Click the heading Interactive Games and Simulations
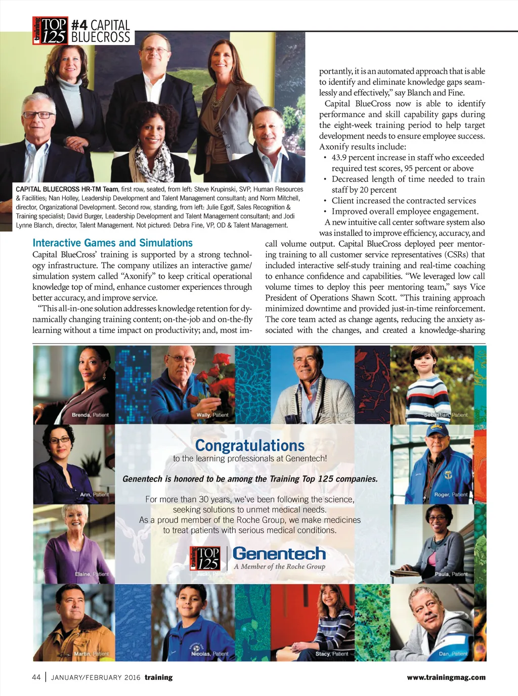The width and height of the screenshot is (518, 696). tap(112, 243)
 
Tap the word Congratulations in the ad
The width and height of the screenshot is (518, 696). tap(250, 445)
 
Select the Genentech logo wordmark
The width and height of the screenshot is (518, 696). tap(279, 553)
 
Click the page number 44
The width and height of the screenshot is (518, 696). tap(36, 677)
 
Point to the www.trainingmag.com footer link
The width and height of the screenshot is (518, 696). tap(446, 677)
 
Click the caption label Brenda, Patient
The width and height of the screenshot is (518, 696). tap(90, 415)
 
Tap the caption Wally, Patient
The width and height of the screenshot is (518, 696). tap(212, 415)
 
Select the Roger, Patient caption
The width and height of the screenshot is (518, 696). tap(451, 494)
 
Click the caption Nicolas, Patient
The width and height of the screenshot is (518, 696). tap(209, 654)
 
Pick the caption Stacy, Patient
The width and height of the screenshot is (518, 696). tap(331, 654)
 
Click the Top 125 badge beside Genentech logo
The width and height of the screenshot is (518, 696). tap(205, 558)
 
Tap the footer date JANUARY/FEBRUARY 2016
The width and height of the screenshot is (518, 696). tap(96, 677)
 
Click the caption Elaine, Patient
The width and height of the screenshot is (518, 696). tap(92, 574)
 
